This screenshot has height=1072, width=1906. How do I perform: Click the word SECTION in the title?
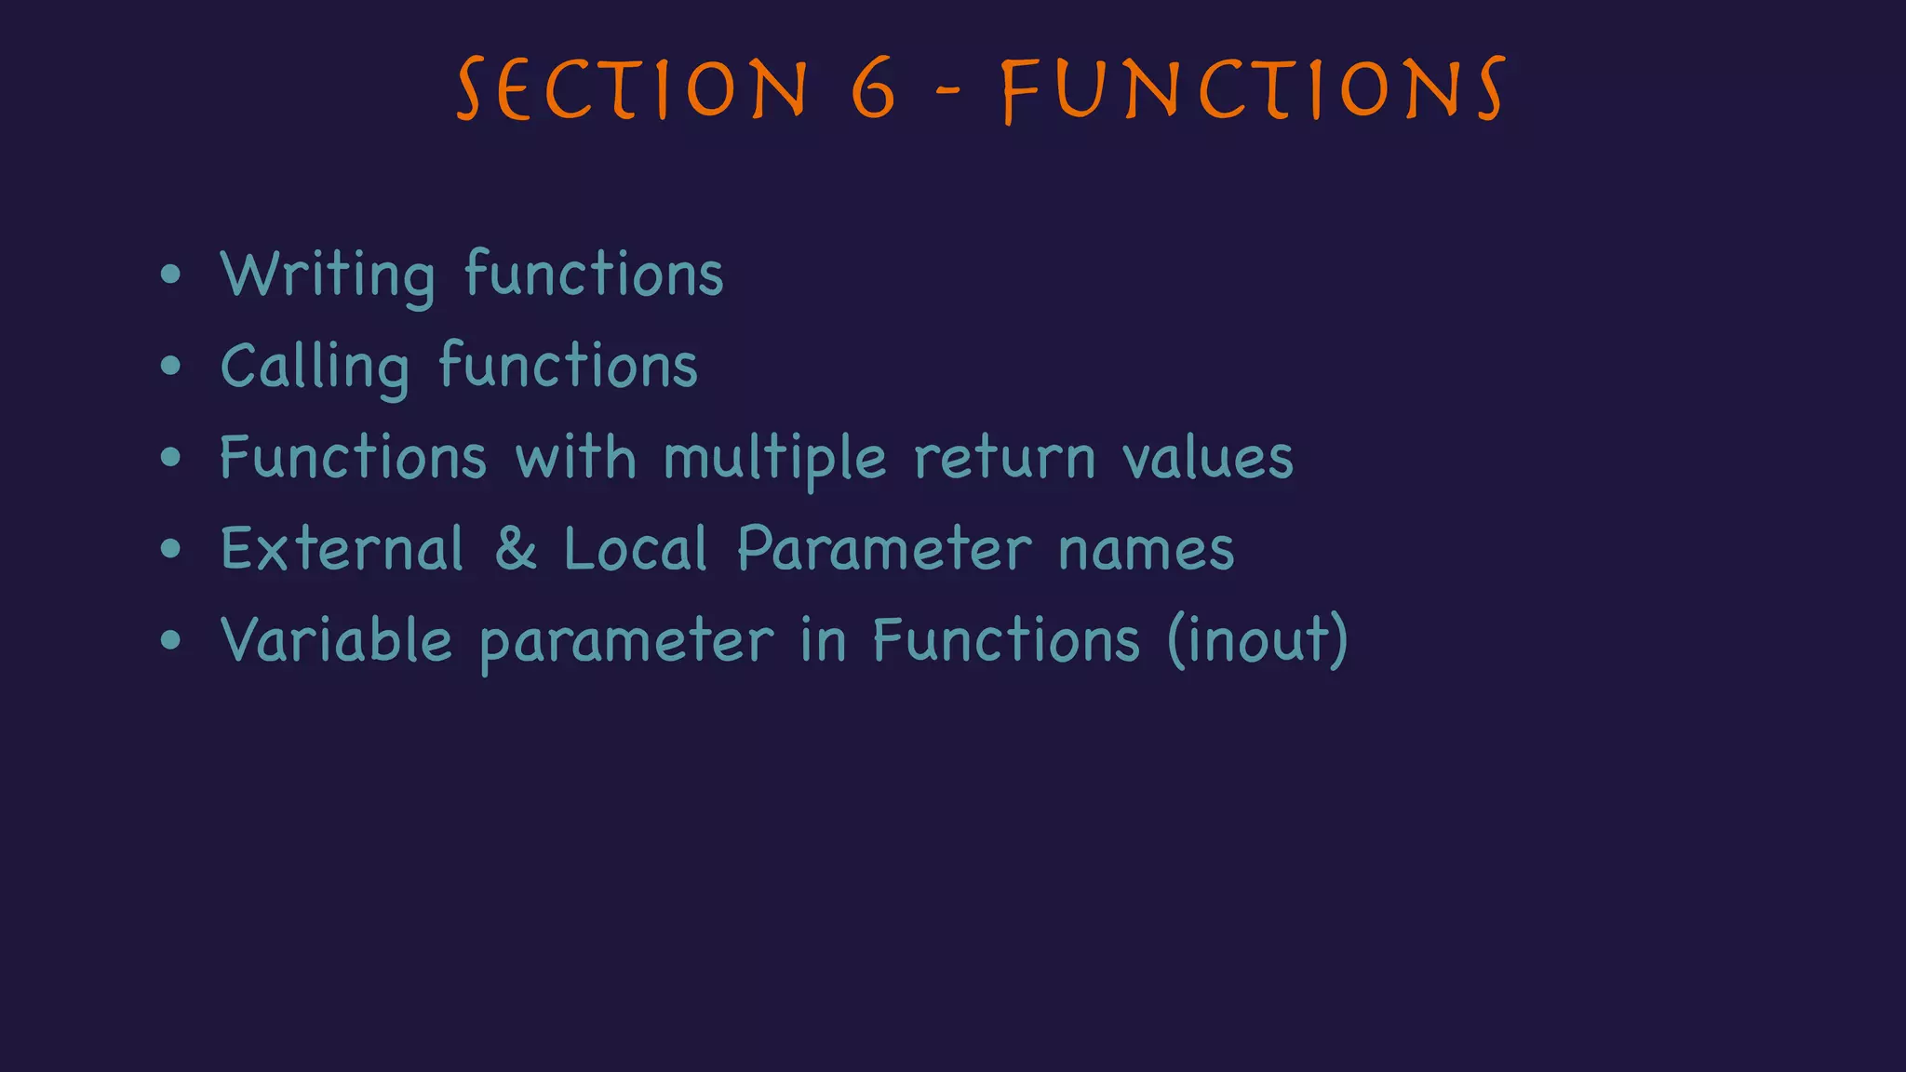pyautogui.click(x=633, y=89)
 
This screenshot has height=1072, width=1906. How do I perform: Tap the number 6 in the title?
pyautogui.click(x=873, y=89)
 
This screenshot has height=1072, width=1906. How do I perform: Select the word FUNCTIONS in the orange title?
pyautogui.click(x=1253, y=89)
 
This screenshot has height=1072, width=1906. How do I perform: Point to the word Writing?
pyautogui.click(x=328, y=275)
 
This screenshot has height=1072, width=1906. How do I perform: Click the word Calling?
pyautogui.click(x=315, y=367)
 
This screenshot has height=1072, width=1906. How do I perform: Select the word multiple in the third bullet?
pyautogui.click(x=774, y=459)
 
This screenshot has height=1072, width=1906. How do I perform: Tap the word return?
pyautogui.click(x=1004, y=459)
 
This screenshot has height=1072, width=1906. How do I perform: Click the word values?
pyautogui.click(x=1207, y=459)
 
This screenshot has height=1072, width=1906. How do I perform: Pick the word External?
pyautogui.click(x=342, y=549)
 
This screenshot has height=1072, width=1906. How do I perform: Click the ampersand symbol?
pyautogui.click(x=516, y=549)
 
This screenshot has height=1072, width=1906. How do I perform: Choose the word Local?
pyautogui.click(x=636, y=549)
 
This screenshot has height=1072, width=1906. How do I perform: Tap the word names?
pyautogui.click(x=1146, y=550)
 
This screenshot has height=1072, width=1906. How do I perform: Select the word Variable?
pyautogui.click(x=336, y=640)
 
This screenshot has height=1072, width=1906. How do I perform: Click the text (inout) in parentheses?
pyautogui.click(x=1256, y=640)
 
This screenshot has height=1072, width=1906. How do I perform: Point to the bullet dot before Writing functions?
pyautogui.click(x=170, y=275)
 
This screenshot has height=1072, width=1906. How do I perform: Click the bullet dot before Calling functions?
pyautogui.click(x=170, y=366)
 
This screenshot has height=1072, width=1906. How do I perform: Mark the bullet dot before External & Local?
pyautogui.click(x=170, y=549)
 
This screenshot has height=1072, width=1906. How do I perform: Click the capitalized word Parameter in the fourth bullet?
pyautogui.click(x=884, y=549)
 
